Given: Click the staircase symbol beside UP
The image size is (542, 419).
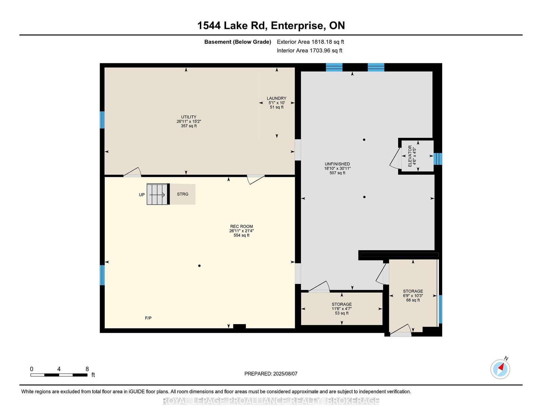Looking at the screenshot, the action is pos(158,194).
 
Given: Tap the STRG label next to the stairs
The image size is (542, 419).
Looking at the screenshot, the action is pos(183,194).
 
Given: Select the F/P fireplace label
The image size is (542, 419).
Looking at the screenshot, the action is pos(148,318).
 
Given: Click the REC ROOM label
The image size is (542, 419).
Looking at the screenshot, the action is pos(242,227).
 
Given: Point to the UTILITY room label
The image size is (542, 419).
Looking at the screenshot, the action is pos(189,117).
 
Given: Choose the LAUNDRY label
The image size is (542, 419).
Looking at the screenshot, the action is pos(277,98).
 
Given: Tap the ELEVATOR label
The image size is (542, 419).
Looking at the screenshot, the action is pos(410,156).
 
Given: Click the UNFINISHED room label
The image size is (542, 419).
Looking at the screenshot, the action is pos(337,164).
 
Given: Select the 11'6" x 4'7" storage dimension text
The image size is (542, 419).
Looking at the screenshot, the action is pos(342,309).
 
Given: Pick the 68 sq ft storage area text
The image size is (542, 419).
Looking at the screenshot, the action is pos(413,300).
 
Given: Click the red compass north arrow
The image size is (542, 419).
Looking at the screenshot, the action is pos(501,368).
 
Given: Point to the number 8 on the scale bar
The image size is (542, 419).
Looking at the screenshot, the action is pos(87,369).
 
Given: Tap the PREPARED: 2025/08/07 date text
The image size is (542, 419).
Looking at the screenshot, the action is pos(271,374).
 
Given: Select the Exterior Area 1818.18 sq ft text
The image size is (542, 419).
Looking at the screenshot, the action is pos(310,42).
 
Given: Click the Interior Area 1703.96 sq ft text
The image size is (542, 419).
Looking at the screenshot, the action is pos(310,50).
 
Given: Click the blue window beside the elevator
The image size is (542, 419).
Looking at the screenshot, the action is pos(438,159).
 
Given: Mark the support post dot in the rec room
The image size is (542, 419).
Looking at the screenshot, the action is pos(199,266).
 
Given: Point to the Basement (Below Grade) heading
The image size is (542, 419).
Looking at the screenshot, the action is pos(238,42).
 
